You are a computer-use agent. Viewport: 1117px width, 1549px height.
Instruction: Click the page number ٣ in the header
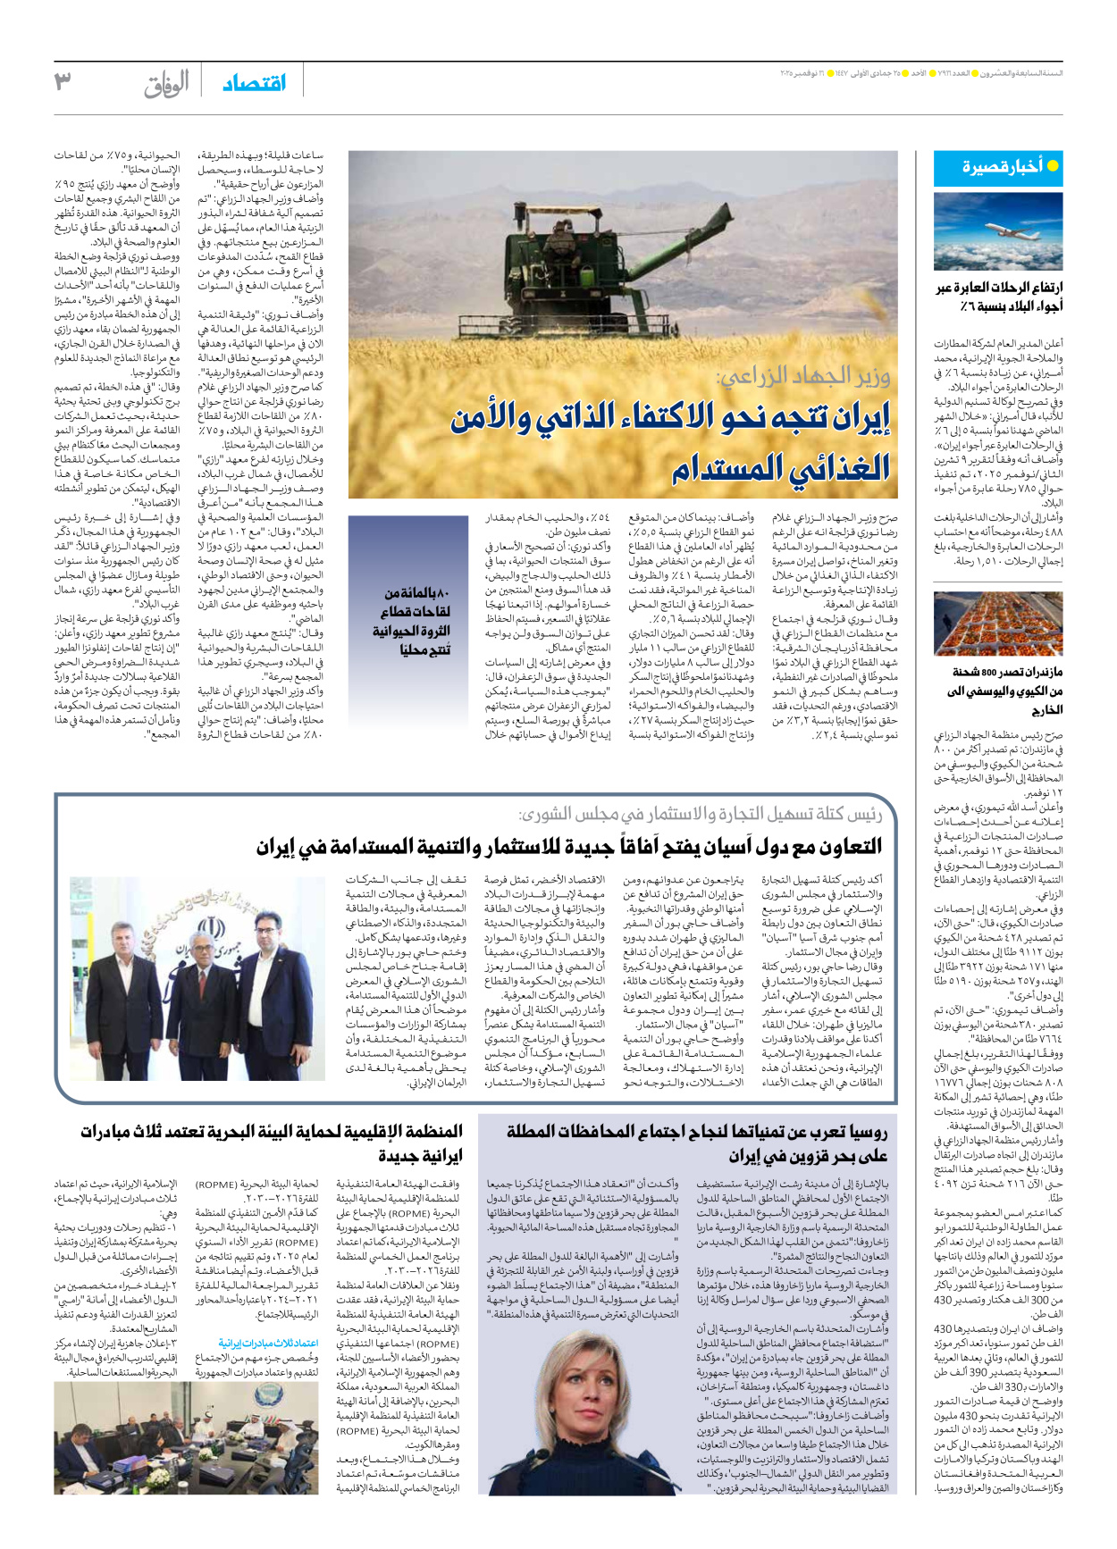click(62, 81)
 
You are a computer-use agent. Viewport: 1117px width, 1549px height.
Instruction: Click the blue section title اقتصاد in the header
click(254, 83)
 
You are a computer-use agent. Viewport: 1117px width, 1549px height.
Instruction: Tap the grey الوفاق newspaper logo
click(167, 83)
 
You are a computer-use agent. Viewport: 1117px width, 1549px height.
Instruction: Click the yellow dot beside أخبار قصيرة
click(1052, 166)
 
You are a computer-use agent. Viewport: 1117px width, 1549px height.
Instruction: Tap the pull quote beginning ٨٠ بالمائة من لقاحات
click(412, 621)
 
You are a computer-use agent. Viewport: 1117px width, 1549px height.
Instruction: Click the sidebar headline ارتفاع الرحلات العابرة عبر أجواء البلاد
click(998, 297)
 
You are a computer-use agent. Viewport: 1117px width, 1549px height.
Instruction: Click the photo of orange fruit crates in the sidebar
click(997, 624)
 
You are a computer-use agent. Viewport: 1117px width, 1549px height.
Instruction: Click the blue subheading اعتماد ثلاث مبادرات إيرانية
click(268, 1344)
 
